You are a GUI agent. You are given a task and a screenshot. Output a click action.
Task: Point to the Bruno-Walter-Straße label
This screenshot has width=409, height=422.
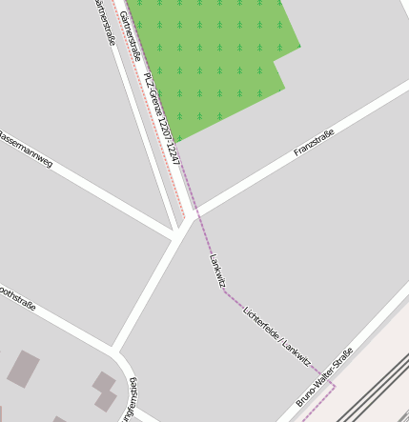pyautogui.click(x=324, y=377)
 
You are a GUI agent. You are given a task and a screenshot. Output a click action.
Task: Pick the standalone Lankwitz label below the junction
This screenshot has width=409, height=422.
pyautogui.click(x=216, y=271)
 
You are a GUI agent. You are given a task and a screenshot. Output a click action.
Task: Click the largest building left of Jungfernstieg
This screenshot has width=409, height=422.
pyautogui.click(x=23, y=369)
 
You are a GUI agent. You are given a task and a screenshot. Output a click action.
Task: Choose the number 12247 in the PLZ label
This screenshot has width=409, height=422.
pyautogui.click(x=173, y=141)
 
